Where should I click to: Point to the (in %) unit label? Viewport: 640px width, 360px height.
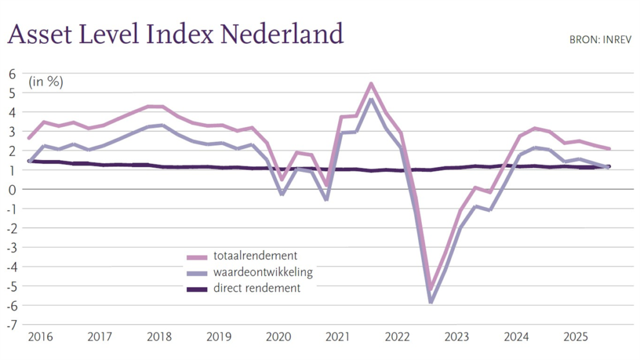point(46,82)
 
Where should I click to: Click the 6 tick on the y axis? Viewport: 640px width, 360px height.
point(11,73)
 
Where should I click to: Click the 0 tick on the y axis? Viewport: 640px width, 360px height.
point(11,189)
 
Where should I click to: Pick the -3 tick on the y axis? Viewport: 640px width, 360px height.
point(11,247)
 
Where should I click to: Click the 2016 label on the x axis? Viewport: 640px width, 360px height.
point(40,338)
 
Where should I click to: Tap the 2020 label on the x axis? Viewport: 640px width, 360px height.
point(278,338)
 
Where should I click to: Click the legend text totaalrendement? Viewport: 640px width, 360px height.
point(255,256)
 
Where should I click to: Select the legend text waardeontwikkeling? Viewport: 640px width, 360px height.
point(262,272)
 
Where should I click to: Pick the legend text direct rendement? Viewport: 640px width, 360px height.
point(257,288)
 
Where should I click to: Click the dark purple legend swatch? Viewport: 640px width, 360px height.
point(197,289)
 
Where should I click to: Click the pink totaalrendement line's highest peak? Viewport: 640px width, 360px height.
point(371,84)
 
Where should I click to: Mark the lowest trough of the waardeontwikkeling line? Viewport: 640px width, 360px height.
point(431,302)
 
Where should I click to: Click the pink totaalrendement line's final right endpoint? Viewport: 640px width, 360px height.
point(609,149)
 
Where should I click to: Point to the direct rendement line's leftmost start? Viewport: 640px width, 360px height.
point(29,161)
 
